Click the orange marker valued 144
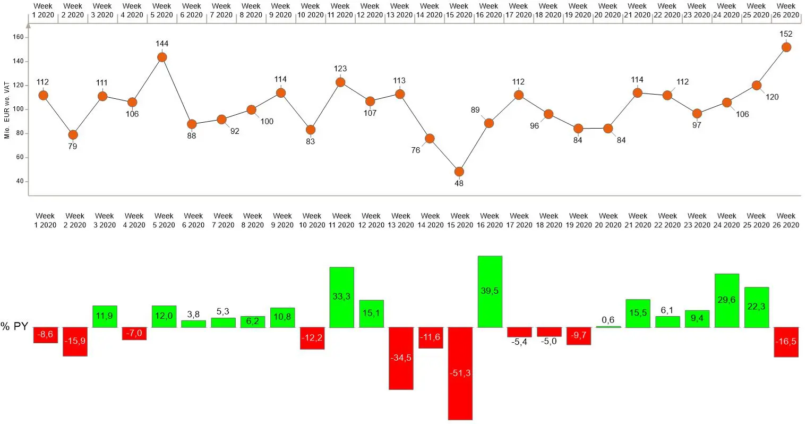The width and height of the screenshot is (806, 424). [162, 57]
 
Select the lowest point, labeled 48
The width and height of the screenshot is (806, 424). [459, 172]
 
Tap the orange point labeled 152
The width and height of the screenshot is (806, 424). [786, 47]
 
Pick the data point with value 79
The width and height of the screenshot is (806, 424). [73, 135]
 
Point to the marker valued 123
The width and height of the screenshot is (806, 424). [340, 82]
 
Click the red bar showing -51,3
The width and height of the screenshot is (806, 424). [460, 373]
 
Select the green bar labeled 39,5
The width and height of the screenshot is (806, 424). [490, 291]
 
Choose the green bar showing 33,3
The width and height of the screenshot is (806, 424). [341, 296]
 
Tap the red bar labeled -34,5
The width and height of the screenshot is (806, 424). [401, 358]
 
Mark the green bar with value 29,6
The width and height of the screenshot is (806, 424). [726, 300]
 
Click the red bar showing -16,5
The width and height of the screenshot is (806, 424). [786, 342]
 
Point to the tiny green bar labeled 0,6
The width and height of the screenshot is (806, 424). [608, 327]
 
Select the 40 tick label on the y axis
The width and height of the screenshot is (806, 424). [20, 181]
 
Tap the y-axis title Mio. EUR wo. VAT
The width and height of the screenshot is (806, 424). [7, 110]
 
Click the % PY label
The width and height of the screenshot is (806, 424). [14, 326]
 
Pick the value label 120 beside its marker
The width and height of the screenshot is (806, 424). [772, 97]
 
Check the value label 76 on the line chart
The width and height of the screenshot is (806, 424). [415, 150]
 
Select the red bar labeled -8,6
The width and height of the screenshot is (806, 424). [46, 335]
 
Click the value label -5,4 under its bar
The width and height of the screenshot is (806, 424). [519, 342]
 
